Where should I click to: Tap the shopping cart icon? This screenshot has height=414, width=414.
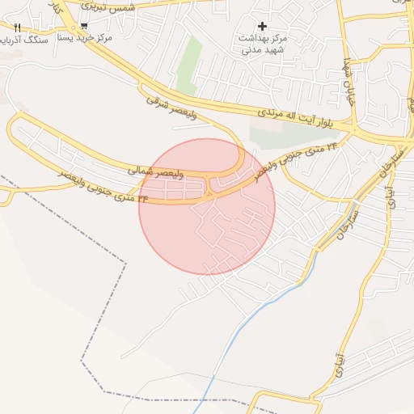point(84,26)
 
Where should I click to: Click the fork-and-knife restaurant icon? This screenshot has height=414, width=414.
point(17,27)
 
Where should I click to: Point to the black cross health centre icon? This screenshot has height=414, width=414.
point(262,26)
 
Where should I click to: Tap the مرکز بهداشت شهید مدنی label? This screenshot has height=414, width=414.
point(263,44)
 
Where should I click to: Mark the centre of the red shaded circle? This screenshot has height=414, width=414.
point(207,207)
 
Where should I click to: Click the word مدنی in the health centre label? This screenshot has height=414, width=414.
point(251,49)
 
